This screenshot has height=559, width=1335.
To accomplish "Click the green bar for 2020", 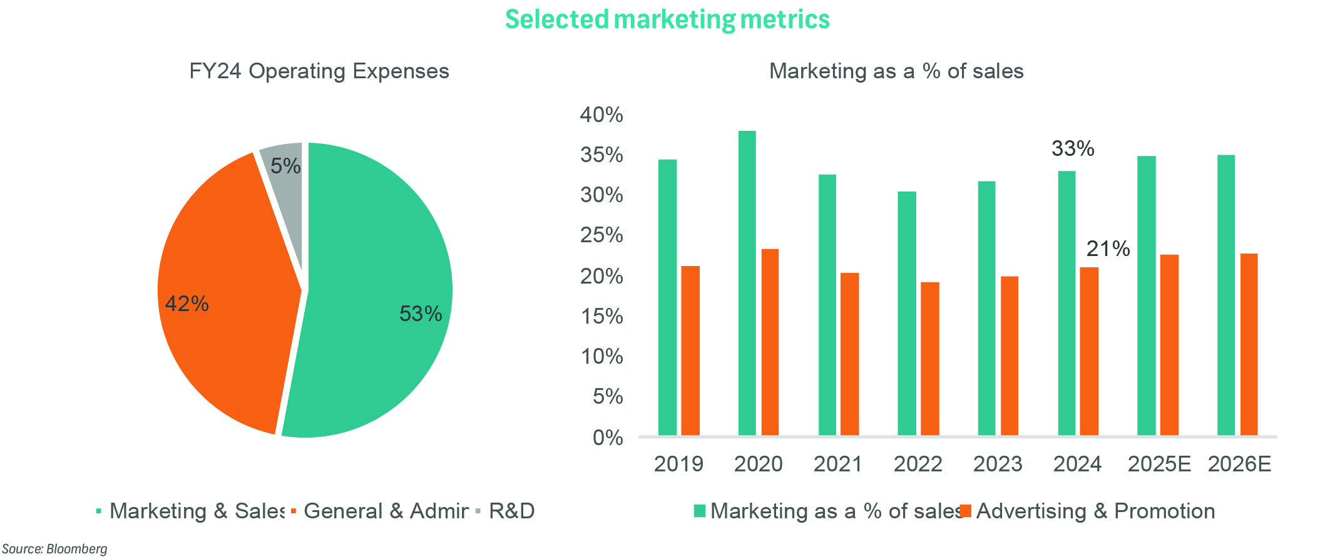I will point(747,282).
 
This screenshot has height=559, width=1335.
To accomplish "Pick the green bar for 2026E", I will point(1225,294).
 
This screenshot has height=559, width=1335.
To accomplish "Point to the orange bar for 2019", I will point(690,351).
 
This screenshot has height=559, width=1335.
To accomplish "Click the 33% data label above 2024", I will point(1072,149).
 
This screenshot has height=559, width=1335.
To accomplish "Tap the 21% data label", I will point(1108,249).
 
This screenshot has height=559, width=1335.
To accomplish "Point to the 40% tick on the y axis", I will point(601,115).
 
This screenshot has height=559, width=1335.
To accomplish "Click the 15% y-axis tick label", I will point(601,316).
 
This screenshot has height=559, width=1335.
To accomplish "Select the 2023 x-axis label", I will point(998,464).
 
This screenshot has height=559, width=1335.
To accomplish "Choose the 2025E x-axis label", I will point(1159,464).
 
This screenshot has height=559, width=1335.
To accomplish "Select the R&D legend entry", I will point(511,511).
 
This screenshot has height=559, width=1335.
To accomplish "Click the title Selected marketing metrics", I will point(667,19).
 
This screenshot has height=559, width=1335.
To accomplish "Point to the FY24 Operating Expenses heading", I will point(319,71).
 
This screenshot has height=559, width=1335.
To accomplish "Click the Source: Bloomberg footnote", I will point(54,549).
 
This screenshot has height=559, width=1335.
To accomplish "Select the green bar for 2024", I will point(1066,303).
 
